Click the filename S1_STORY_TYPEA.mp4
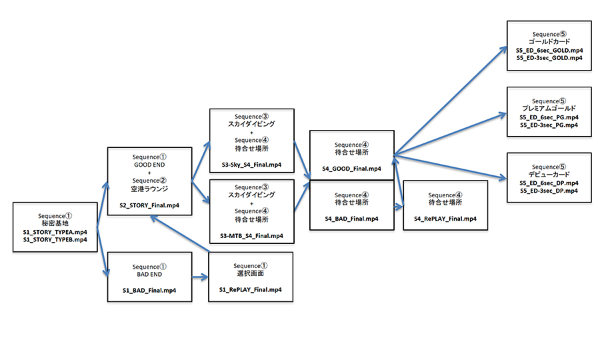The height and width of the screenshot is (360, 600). click(x=55, y=231)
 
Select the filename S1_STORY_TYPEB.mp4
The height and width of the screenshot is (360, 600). click(x=55, y=239)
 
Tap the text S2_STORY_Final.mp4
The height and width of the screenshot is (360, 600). click(x=150, y=206)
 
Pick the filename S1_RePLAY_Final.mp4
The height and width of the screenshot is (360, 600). click(x=250, y=290)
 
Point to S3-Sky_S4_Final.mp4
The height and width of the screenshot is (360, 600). click(x=251, y=164)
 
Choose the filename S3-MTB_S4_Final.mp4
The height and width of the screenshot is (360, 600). click(x=251, y=236)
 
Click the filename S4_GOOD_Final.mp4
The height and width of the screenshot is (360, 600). click(x=352, y=169)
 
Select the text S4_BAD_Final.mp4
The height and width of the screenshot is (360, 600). click(x=351, y=219)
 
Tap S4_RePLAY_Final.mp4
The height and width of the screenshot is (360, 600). click(x=445, y=219)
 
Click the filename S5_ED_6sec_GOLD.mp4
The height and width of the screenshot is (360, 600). click(x=549, y=50)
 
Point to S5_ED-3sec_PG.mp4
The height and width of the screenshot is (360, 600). click(x=549, y=125)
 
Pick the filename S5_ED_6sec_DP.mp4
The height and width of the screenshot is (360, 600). click(x=549, y=183)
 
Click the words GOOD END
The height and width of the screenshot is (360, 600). click(x=150, y=163)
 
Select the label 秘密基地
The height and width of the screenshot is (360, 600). click(x=55, y=223)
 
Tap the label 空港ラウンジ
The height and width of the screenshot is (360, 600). click(x=150, y=189)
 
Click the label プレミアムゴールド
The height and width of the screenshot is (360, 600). click(x=549, y=108)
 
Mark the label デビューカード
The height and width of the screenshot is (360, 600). click(x=549, y=174)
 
